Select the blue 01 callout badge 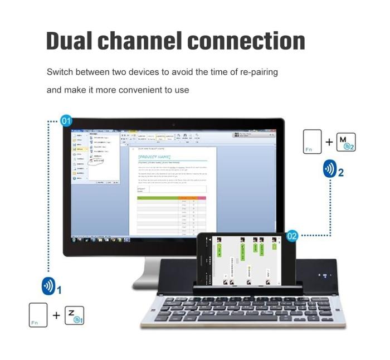pyautogui.click(x=66, y=121)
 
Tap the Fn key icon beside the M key pyautogui.click(x=313, y=142)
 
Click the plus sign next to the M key pyautogui.click(x=329, y=142)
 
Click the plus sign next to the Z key pyautogui.click(x=56, y=315)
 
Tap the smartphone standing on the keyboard pyautogui.click(x=243, y=260)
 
